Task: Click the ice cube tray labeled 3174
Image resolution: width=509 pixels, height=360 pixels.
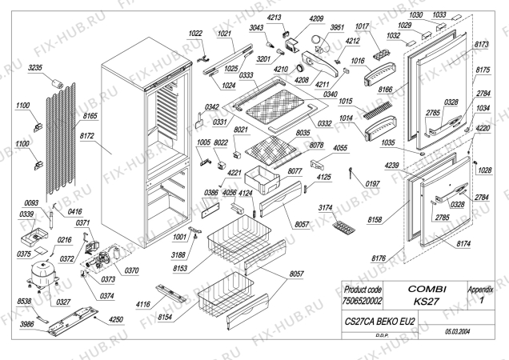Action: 347,228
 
